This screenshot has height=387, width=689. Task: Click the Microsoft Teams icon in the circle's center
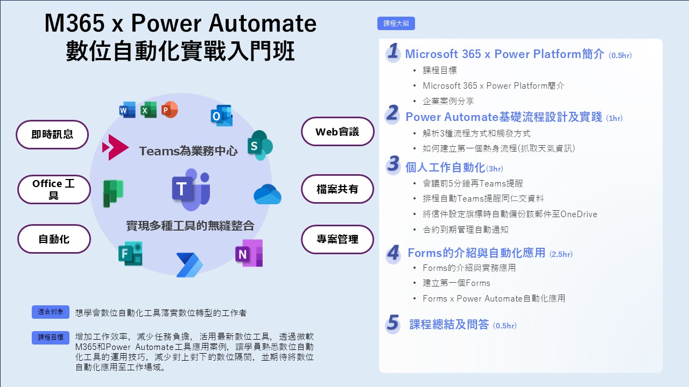click(x=191, y=189)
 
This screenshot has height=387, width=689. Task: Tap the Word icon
click(x=128, y=110)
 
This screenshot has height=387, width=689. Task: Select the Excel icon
click(x=149, y=110)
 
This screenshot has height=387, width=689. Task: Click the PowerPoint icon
click(x=170, y=110)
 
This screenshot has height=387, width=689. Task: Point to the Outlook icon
click(x=221, y=116)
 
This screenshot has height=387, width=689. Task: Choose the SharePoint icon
click(x=260, y=145)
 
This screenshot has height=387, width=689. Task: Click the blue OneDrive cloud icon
click(x=268, y=194)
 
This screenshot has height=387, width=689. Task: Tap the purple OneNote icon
click(x=249, y=253)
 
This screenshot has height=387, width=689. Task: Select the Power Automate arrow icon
click(x=189, y=265)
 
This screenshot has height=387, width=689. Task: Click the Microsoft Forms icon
click(x=130, y=253)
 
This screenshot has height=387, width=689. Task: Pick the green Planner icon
click(x=113, y=193)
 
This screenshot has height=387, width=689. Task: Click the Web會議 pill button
click(x=338, y=132)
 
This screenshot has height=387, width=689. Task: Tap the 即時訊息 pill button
click(x=52, y=134)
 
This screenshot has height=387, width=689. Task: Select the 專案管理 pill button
click(x=338, y=239)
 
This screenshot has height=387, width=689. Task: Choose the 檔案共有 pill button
click(x=338, y=189)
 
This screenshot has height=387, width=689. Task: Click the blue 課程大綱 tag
click(x=396, y=23)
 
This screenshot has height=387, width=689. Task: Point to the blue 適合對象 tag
click(x=51, y=312)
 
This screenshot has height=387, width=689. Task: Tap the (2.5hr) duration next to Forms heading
click(x=561, y=254)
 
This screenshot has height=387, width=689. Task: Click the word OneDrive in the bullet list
click(x=579, y=214)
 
